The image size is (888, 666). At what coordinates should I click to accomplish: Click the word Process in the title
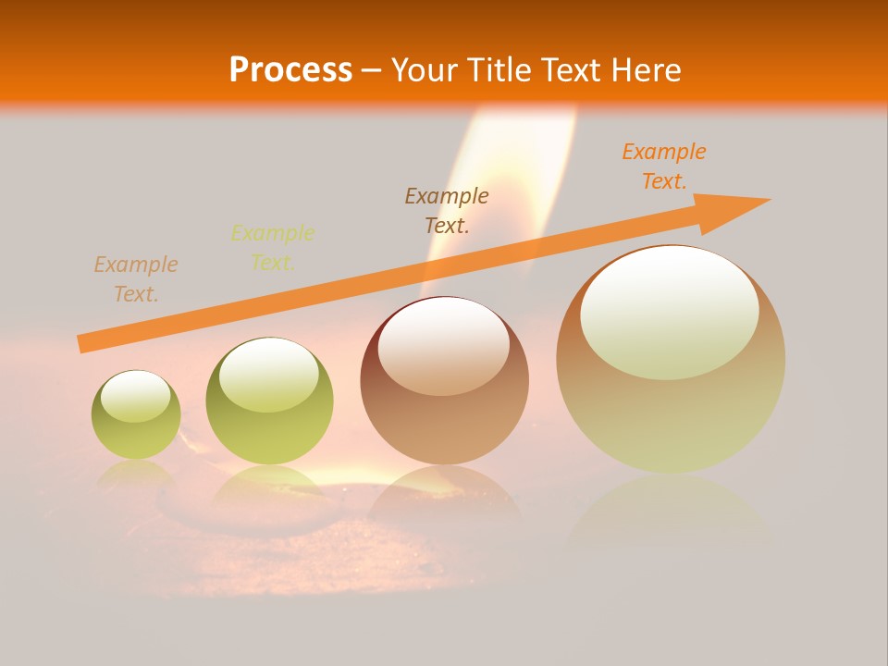coord(290,70)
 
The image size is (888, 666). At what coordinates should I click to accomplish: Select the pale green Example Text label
coord(273,248)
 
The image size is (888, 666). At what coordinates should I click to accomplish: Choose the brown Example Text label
coord(447,210)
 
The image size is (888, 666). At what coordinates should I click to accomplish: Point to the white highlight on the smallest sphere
coord(135,397)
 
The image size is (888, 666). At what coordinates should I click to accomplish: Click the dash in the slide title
coord(372,71)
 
